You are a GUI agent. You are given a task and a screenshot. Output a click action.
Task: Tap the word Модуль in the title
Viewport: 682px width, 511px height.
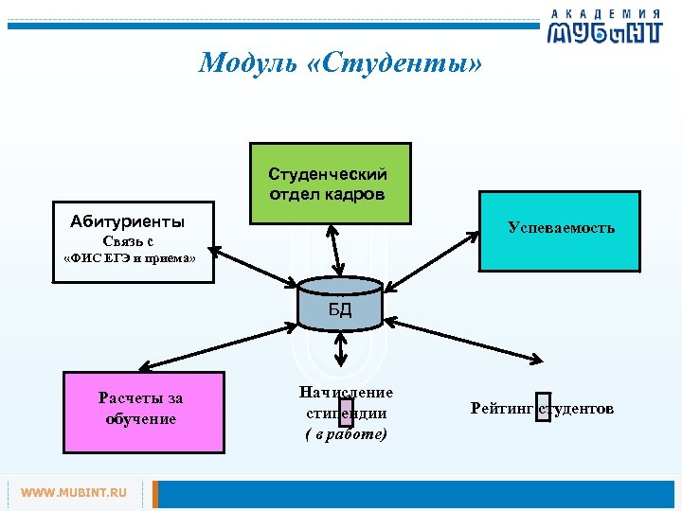(x=241, y=63)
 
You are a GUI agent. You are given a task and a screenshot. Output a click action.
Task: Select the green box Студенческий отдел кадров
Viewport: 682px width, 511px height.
(x=330, y=184)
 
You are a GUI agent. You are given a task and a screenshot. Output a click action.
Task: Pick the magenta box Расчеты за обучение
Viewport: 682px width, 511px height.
(x=142, y=409)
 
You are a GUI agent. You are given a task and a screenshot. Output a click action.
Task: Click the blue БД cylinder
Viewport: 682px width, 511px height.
(x=339, y=308)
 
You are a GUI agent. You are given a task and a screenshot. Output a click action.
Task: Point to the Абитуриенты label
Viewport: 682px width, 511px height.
(x=127, y=221)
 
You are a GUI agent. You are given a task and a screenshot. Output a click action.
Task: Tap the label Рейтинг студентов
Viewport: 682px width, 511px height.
(x=542, y=408)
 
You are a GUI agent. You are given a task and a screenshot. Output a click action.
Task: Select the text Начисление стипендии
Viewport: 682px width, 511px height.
(x=346, y=402)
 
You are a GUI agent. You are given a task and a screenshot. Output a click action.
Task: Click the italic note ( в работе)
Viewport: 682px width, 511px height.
(x=346, y=434)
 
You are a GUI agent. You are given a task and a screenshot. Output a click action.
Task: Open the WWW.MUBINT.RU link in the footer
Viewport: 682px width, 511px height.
(x=74, y=493)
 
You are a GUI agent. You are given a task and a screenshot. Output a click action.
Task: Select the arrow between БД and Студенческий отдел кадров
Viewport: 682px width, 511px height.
(x=334, y=254)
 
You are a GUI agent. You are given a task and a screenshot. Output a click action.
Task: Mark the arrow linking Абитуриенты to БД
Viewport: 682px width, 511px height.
(x=253, y=269)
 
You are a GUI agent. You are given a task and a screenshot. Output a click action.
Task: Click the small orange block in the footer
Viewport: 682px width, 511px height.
(x=156, y=493)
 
